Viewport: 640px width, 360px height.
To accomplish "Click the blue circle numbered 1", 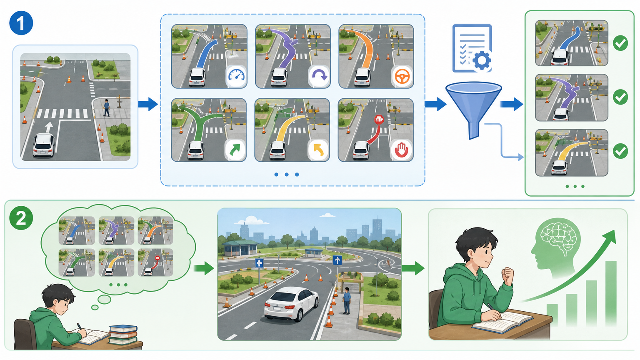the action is tap(21, 23).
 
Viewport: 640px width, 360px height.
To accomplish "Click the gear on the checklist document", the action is tap(482, 60).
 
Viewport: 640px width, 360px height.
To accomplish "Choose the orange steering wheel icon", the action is tap(402, 76).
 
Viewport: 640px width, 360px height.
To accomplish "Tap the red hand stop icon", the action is tap(402, 150).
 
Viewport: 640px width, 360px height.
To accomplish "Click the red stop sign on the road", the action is tap(379, 120).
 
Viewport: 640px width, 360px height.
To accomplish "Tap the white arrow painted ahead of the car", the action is tap(49, 127).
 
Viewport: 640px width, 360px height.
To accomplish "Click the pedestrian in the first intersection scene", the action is tap(106, 108).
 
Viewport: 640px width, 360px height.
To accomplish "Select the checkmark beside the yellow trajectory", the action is tap(620, 151).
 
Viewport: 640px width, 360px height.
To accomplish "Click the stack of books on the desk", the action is tap(123, 335).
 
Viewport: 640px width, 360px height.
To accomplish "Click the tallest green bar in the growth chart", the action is tap(611, 293).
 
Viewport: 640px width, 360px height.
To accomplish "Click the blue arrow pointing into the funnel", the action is tap(435, 104).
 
